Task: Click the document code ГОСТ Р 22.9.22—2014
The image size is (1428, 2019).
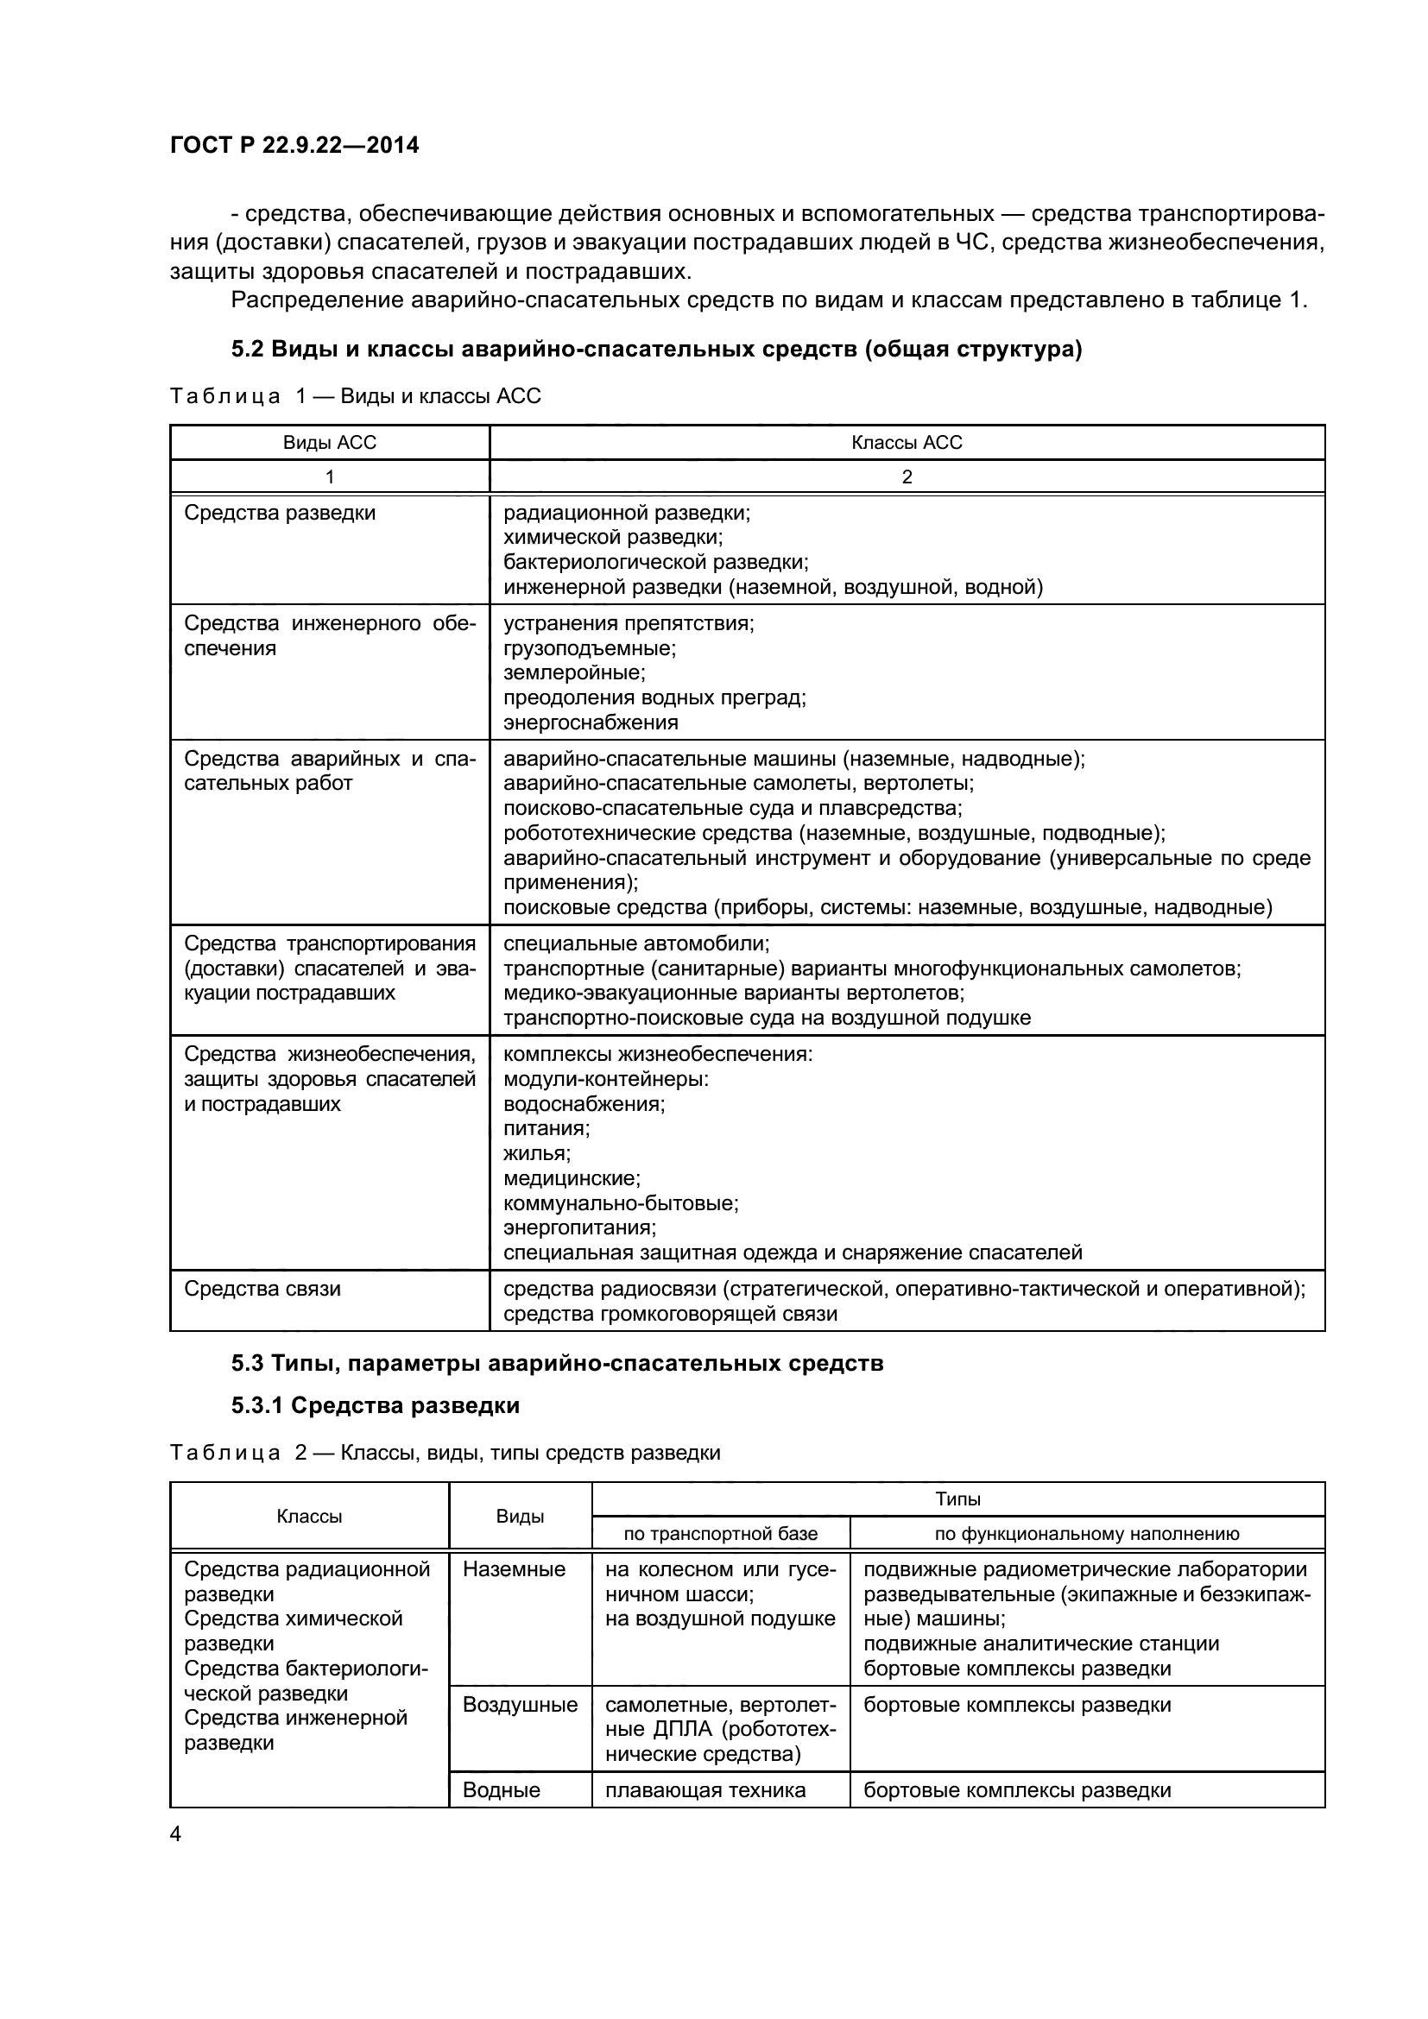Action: tap(294, 145)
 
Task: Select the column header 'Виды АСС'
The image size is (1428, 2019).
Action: tap(329, 442)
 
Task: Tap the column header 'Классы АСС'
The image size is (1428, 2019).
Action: tap(907, 442)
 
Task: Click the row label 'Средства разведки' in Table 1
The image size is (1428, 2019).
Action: tap(280, 513)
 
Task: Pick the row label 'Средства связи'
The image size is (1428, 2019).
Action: tap(262, 1288)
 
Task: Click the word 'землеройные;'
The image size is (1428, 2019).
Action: tap(574, 672)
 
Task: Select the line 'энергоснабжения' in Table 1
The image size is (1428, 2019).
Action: tap(591, 722)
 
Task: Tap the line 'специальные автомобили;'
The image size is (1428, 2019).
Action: tap(636, 943)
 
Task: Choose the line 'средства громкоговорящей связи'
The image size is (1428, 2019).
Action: tap(670, 1314)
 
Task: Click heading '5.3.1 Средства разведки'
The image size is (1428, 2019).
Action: tap(376, 1405)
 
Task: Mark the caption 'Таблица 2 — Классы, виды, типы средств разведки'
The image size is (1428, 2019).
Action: tap(445, 1453)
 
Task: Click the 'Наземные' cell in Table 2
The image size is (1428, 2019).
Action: tap(514, 1568)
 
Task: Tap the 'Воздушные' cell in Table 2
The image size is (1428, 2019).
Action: tap(520, 1704)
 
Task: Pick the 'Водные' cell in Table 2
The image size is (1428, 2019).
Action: tap(501, 1789)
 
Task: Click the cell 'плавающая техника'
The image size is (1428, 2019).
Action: tap(705, 1789)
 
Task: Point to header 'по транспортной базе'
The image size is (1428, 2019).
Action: tap(720, 1534)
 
